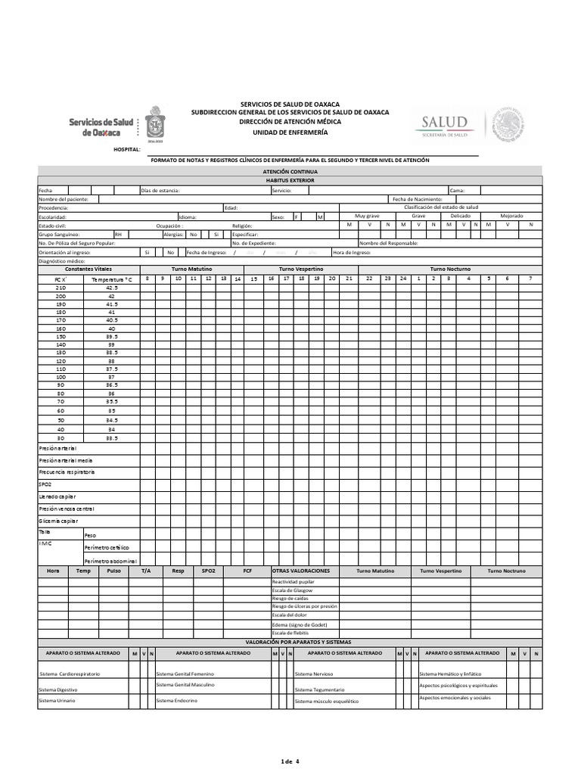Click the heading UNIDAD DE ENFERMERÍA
(x=290, y=132)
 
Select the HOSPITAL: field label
(x=126, y=150)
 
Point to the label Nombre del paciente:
(x=64, y=198)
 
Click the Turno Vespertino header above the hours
(x=301, y=269)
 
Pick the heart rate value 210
(x=61, y=288)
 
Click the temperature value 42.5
(x=112, y=288)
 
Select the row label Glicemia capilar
(x=58, y=521)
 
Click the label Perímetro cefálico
(x=107, y=546)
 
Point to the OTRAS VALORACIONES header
(x=301, y=570)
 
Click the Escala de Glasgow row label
(x=292, y=590)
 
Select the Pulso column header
(x=113, y=570)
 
